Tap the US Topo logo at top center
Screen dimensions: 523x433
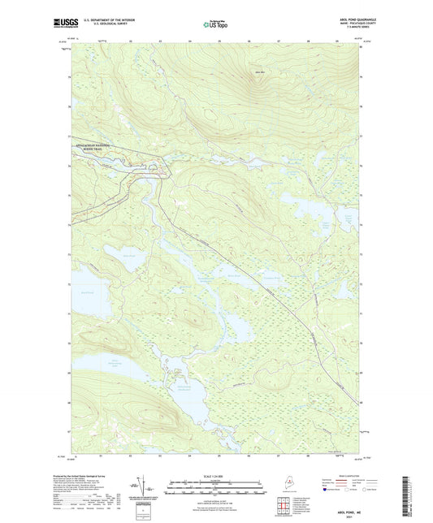click(215, 24)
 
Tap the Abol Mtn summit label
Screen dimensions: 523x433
click(260, 74)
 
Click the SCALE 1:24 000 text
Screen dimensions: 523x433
click(216, 475)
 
